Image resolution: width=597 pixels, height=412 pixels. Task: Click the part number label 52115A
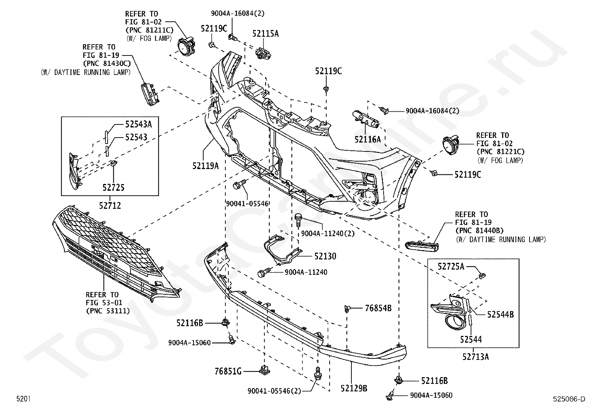pos(265,34)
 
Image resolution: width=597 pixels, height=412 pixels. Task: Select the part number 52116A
pos(367,139)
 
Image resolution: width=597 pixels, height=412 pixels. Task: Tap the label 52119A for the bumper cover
pos(205,166)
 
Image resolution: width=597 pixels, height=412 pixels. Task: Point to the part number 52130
pos(325,256)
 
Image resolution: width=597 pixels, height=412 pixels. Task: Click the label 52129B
pos(354,388)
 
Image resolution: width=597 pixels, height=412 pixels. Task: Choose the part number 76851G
pos(228,371)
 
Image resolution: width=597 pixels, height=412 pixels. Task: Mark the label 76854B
pos(378,308)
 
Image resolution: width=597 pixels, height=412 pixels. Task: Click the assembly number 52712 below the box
pos(110,205)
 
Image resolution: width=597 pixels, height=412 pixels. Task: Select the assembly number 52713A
pos(475,357)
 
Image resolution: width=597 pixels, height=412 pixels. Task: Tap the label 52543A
pos(139,124)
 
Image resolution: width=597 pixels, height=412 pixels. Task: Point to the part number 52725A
pos(451,266)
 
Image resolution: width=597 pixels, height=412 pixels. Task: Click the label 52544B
pos(501,315)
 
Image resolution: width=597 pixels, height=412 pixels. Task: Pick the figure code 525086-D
pos(569,399)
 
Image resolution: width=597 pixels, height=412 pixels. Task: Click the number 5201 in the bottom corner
pos(24,399)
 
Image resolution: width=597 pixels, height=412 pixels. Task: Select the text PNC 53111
pos(108,311)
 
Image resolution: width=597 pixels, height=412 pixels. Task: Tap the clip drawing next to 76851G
pos(264,369)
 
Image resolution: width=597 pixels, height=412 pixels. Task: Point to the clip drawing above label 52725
pos(114,163)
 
